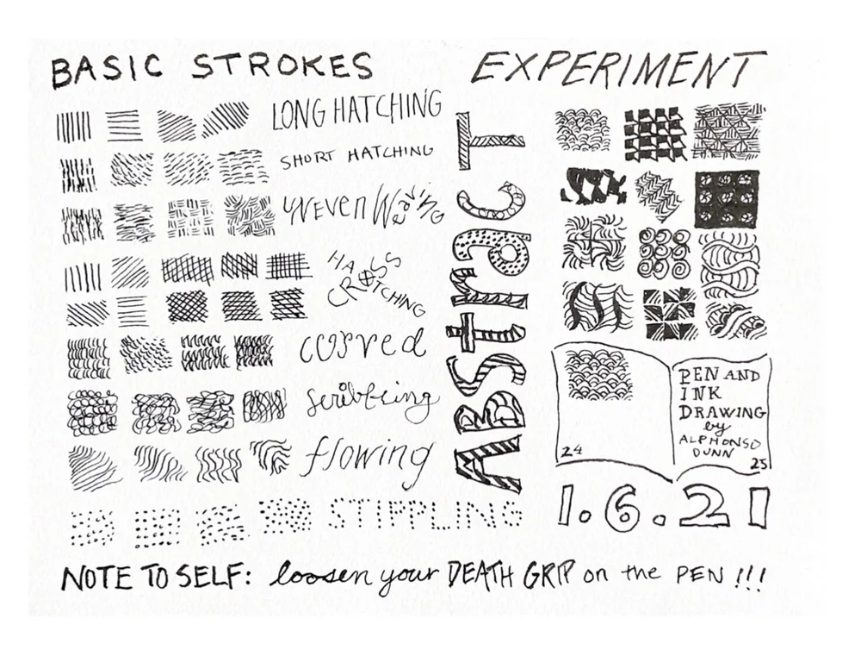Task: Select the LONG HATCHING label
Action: click(356, 112)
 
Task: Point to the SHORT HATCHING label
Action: click(355, 156)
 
